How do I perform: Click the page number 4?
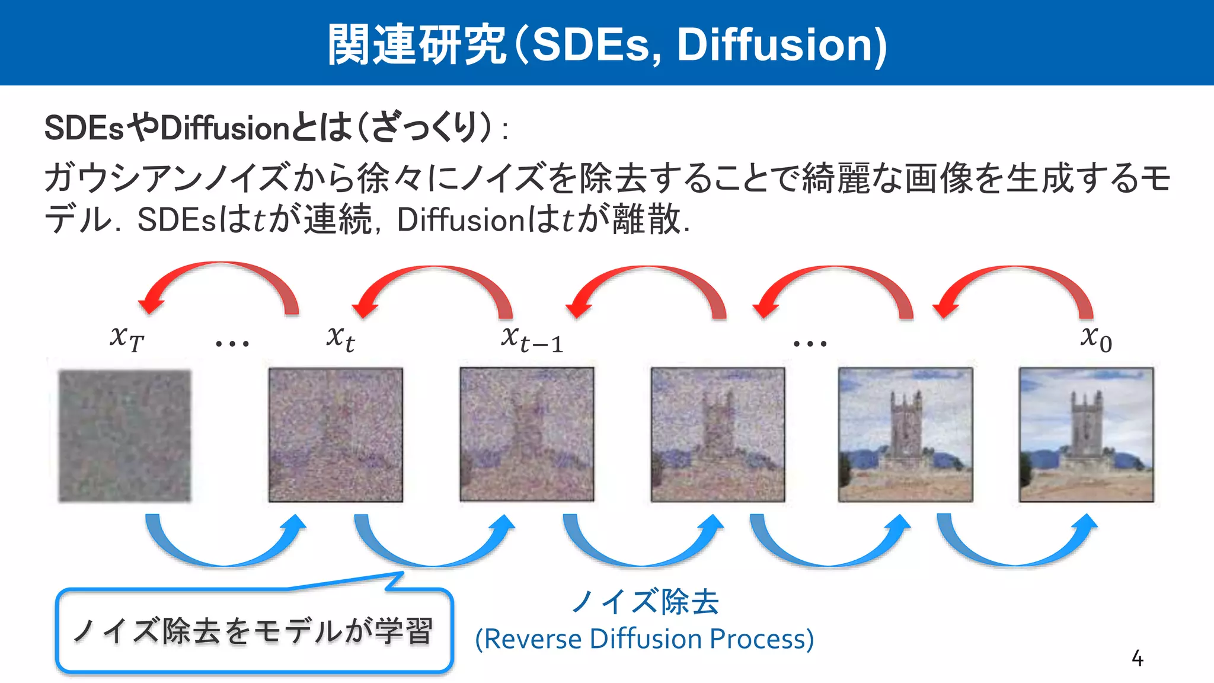pos(1137,658)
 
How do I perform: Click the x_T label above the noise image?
pos(126,339)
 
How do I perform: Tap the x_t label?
pos(340,339)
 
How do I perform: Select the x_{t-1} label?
pos(532,340)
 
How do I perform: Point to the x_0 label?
pos(1095,339)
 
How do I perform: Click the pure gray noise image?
pos(124,436)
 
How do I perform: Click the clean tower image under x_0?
pos(1086,435)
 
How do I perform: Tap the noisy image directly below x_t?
pos(336,435)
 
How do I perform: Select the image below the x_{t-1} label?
pos(527,435)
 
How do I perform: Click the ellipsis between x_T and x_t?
pos(232,343)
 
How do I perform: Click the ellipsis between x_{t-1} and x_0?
pos(810,343)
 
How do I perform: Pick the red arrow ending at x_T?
pos(219,279)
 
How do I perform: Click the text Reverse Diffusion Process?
pos(644,639)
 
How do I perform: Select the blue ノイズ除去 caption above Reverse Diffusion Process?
pos(644,601)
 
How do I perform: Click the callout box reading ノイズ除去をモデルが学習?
pos(254,631)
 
